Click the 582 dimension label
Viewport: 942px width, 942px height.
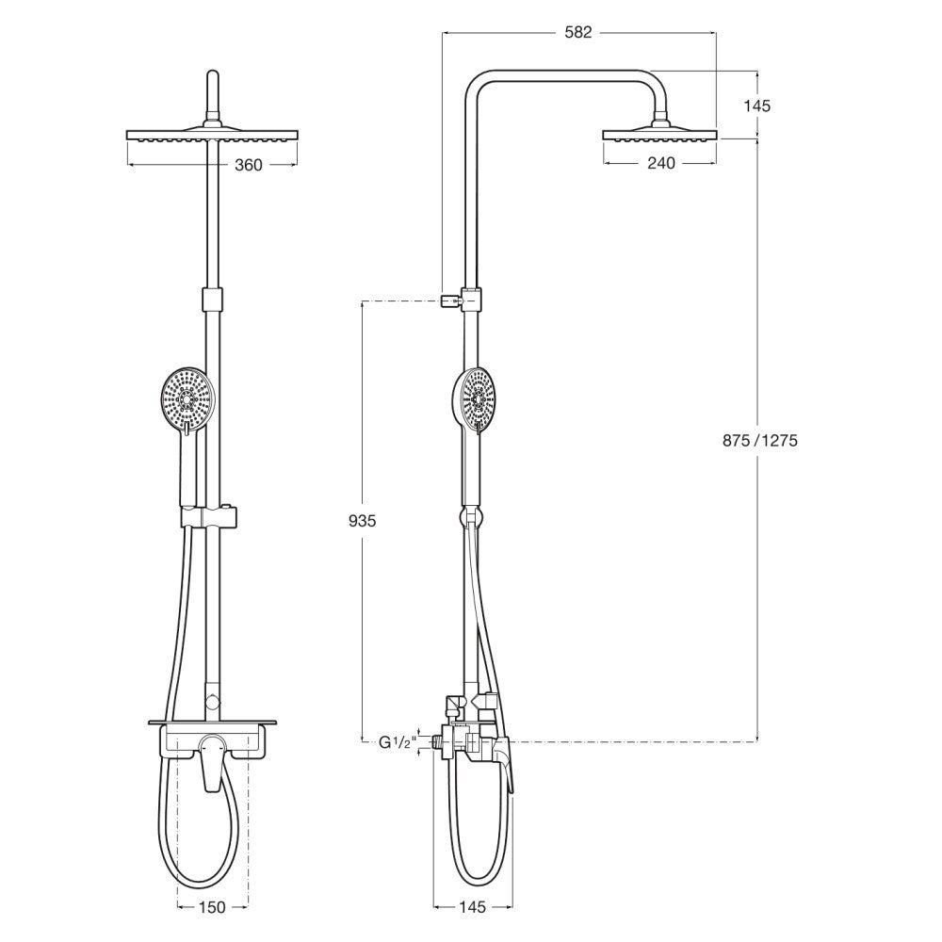click(x=578, y=32)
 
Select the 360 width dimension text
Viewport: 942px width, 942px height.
click(x=248, y=165)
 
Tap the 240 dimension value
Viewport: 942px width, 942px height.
click(x=661, y=163)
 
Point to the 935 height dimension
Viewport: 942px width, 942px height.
click(x=363, y=521)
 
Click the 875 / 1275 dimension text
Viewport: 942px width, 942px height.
click(x=760, y=441)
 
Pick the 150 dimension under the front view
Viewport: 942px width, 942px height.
click(x=212, y=907)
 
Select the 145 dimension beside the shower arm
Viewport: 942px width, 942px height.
click(x=756, y=106)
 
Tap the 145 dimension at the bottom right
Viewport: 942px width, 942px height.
click(x=472, y=907)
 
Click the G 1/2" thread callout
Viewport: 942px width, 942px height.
click(x=398, y=742)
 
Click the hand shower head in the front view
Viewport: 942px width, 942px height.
click(x=188, y=398)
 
